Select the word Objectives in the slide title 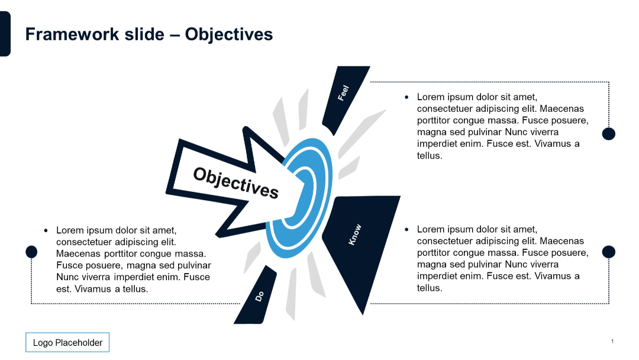coord(229,34)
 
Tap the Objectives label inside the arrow coord(235,182)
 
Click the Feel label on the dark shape coord(343,93)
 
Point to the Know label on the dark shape coord(354,235)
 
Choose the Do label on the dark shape coord(259,295)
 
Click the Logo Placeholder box coord(67,343)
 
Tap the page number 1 coord(612,342)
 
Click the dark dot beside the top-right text coord(608,134)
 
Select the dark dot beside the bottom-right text coord(608,252)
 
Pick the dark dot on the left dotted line coord(31,252)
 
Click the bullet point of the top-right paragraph coord(406,97)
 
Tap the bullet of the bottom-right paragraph coord(406,229)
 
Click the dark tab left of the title coord(5,34)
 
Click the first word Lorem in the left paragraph coord(69,230)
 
